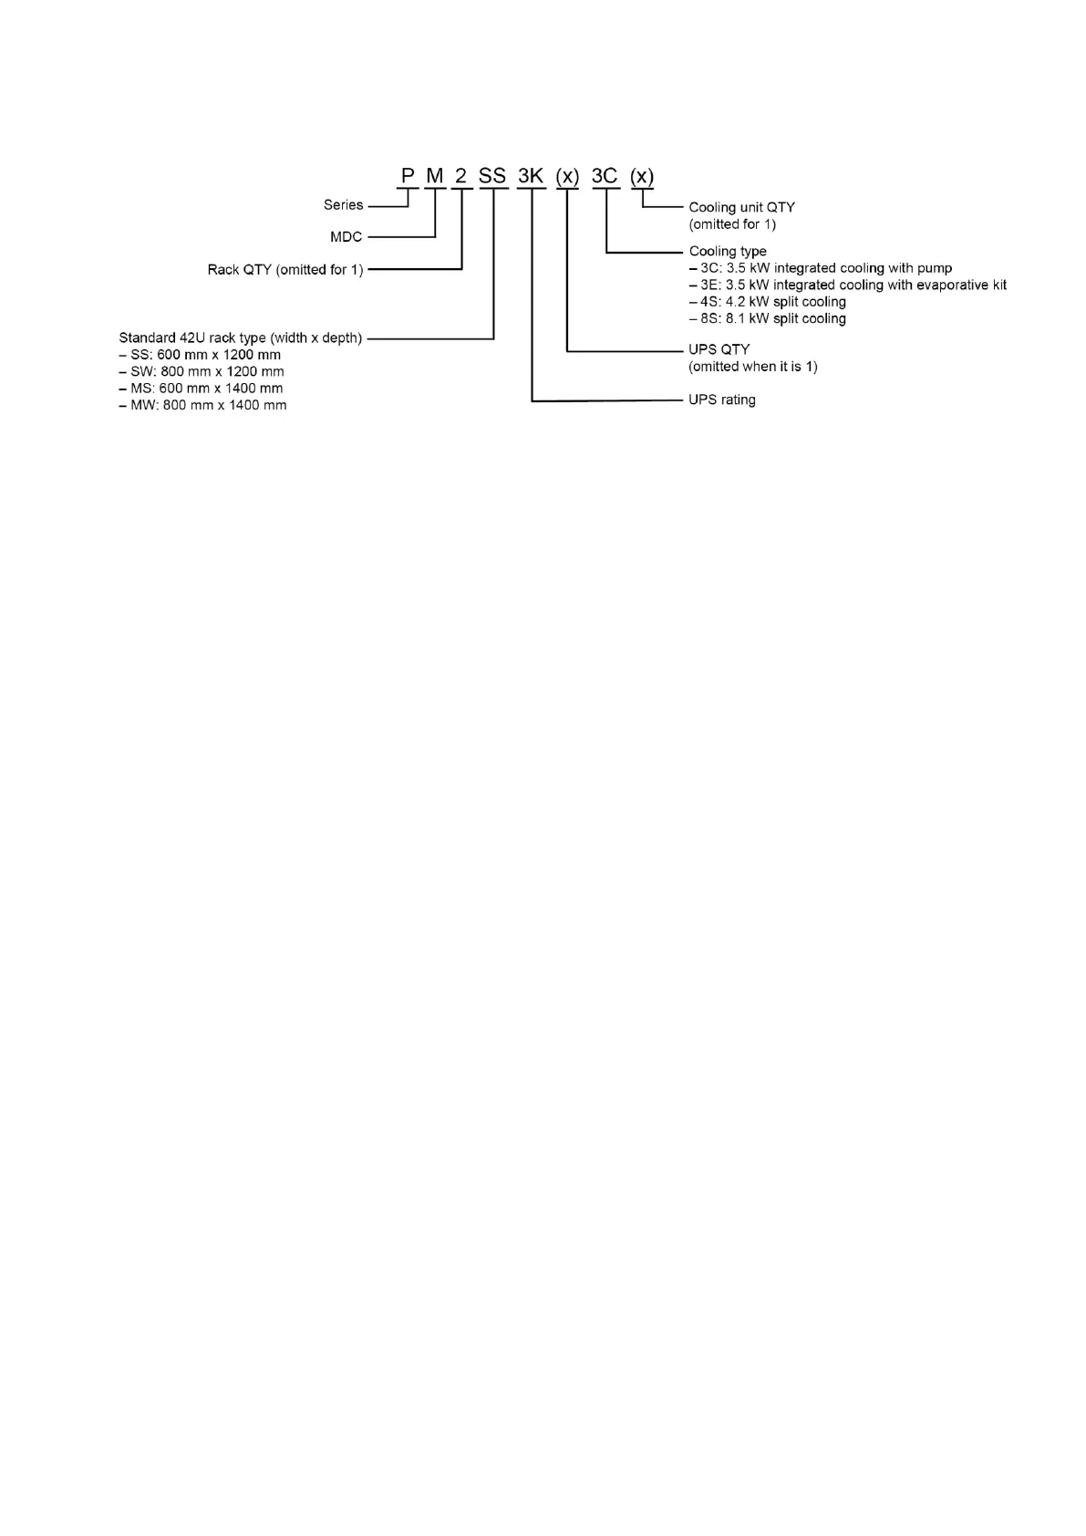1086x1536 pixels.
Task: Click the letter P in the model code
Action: (408, 176)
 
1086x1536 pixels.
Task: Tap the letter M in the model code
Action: (435, 176)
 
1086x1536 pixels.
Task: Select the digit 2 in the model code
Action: (461, 176)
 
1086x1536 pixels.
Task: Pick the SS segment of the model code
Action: (492, 176)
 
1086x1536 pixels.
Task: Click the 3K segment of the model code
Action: (531, 176)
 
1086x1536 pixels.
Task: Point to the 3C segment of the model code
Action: (605, 176)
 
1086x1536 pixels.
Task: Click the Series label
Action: (343, 205)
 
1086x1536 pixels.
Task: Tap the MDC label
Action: (346, 237)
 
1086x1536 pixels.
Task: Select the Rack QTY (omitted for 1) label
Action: (285, 270)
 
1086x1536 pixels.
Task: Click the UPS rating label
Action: (721, 400)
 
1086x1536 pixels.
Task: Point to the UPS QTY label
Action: (719, 349)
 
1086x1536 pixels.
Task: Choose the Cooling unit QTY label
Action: (741, 208)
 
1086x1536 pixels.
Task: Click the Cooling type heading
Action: (728, 251)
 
